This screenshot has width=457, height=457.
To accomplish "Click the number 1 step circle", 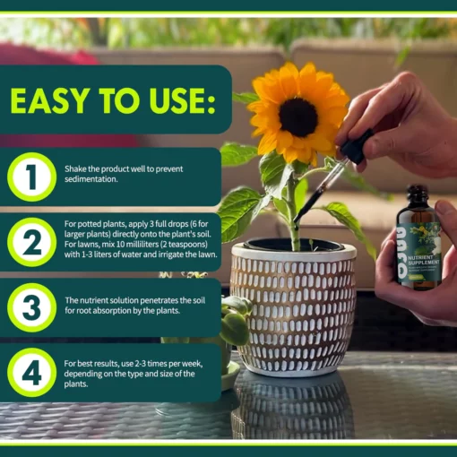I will pyautogui.click(x=32, y=177).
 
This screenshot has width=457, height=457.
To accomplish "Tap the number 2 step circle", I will pyautogui.click(x=32, y=243).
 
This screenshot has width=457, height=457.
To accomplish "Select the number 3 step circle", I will pyautogui.click(x=32, y=307).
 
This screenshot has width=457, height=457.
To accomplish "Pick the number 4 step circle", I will pyautogui.click(x=32, y=372).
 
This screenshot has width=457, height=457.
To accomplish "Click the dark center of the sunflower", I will pyautogui.click(x=298, y=116).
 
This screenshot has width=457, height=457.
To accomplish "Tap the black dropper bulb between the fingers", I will pyautogui.click(x=358, y=147).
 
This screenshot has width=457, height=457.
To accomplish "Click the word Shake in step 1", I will pyautogui.click(x=75, y=168).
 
